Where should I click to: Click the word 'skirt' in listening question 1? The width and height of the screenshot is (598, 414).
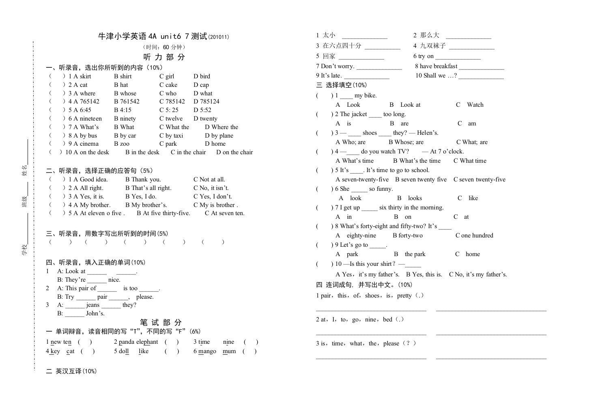85,76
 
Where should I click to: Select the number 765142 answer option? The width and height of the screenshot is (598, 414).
89,101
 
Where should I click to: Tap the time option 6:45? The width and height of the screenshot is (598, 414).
85,110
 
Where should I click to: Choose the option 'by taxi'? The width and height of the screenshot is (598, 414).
174,136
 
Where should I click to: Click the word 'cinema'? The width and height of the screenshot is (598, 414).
89,144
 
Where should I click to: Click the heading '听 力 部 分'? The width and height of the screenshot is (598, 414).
164,57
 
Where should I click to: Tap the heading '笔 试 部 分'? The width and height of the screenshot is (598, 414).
161,323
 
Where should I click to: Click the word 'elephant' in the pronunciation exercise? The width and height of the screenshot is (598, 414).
147,342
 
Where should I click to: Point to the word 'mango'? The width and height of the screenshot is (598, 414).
207,351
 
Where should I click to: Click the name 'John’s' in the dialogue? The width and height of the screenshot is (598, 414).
95,313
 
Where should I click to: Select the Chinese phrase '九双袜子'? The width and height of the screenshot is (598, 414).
433,46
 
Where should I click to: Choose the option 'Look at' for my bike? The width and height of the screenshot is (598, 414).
410,105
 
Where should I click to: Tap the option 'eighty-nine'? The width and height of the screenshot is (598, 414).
361,235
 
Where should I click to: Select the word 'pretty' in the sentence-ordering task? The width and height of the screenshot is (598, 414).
404,295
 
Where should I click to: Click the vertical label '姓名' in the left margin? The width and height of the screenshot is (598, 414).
24,168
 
